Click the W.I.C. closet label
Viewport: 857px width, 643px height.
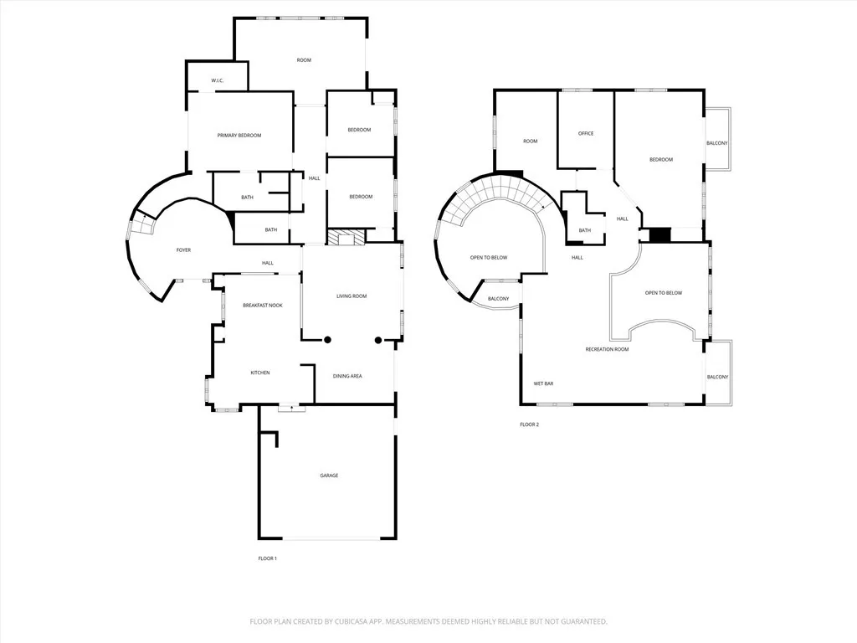217,80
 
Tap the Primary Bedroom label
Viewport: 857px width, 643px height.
239,136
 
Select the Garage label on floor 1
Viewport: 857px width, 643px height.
329,476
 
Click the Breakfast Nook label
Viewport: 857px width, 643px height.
263,306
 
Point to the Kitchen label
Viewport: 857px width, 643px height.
260,373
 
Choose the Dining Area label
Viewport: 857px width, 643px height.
347,377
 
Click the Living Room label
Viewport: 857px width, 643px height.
352,296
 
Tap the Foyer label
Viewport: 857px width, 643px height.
182,250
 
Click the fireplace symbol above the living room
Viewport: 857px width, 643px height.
346,238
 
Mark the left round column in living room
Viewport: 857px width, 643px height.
328,340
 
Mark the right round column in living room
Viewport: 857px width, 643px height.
378,340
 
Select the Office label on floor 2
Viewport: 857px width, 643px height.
586,134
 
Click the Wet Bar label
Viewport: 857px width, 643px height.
544,384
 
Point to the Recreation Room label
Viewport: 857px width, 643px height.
607,349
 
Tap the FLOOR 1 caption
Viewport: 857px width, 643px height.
267,558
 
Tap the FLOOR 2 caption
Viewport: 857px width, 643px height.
529,424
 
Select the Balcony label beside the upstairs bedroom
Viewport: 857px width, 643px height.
717,143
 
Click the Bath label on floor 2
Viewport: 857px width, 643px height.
584,230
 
